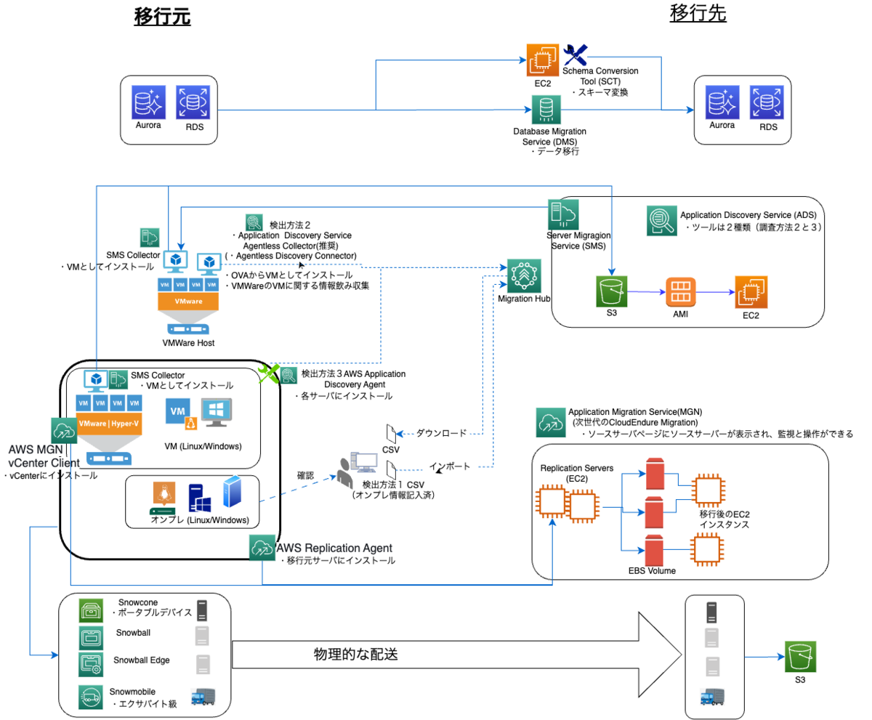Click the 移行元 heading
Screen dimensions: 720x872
point(162,17)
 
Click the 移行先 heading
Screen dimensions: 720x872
point(698,15)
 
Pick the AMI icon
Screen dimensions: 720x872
point(681,293)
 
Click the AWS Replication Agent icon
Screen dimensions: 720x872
point(262,549)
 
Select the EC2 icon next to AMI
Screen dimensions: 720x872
point(751,293)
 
